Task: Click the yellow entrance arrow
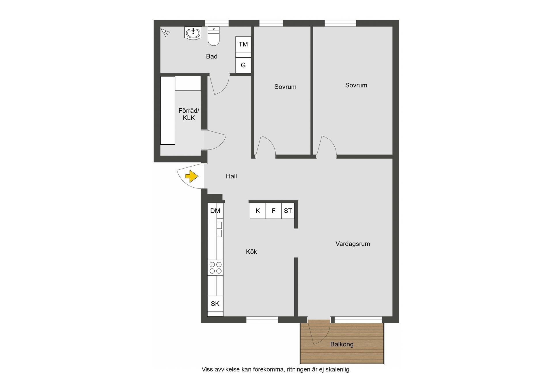click(192, 176)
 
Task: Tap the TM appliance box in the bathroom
click(243, 44)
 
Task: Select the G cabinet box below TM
click(243, 65)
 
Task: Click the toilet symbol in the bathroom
click(214, 36)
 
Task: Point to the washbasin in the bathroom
click(193, 33)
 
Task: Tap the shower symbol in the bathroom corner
click(165, 33)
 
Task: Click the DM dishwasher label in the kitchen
click(215, 211)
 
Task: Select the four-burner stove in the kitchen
click(215, 268)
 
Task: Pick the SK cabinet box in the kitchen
click(215, 304)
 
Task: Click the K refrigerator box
click(258, 211)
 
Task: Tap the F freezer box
click(274, 211)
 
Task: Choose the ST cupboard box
click(288, 211)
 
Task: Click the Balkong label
click(342, 344)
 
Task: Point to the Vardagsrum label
click(353, 244)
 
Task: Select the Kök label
click(251, 252)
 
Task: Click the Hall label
click(231, 176)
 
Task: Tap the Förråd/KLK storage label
click(189, 114)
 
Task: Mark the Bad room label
click(212, 56)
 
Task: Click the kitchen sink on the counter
click(219, 229)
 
